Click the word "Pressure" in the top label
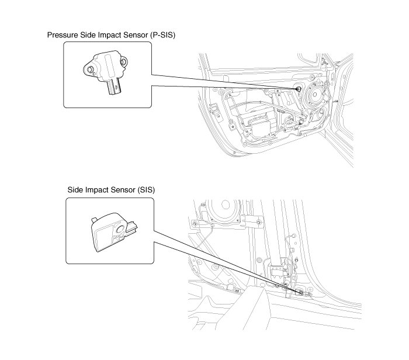[x=63, y=36]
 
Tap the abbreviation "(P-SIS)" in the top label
[x=162, y=36]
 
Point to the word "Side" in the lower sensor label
[x=76, y=190]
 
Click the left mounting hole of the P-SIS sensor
[x=90, y=68]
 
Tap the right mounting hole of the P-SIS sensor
[x=124, y=60]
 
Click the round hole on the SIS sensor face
[x=119, y=230]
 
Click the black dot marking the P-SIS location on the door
[x=299, y=88]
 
